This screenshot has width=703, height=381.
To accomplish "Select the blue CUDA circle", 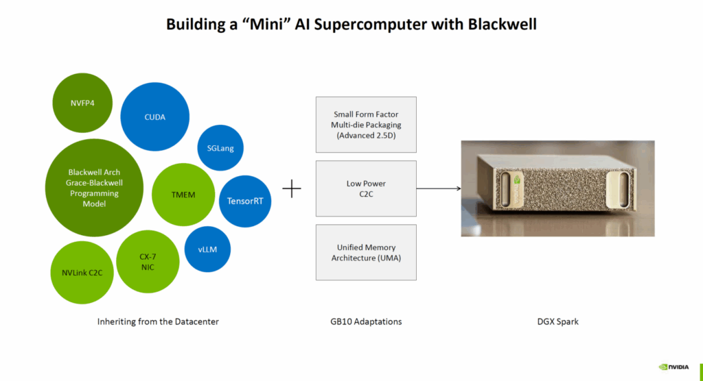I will [154, 116].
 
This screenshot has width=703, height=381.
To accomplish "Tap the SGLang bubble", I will [220, 148].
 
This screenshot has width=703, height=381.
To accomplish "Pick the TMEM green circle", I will [183, 195].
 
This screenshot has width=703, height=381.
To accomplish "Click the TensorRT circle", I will [244, 201].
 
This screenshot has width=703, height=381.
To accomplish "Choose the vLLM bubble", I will [207, 249].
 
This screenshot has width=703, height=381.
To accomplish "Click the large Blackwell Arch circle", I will [93, 188].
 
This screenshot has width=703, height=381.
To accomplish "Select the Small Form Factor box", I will [366, 125].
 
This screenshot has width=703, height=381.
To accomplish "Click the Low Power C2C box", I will [366, 188].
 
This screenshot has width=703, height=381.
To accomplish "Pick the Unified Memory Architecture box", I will [366, 252].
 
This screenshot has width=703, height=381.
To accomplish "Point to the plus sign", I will [292, 188].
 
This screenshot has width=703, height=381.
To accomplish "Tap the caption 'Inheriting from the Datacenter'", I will [158, 321].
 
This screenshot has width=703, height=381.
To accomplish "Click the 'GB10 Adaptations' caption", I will [366, 321].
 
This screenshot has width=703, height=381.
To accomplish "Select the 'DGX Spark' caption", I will [557, 321].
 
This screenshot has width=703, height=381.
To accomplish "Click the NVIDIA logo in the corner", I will [673, 367].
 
